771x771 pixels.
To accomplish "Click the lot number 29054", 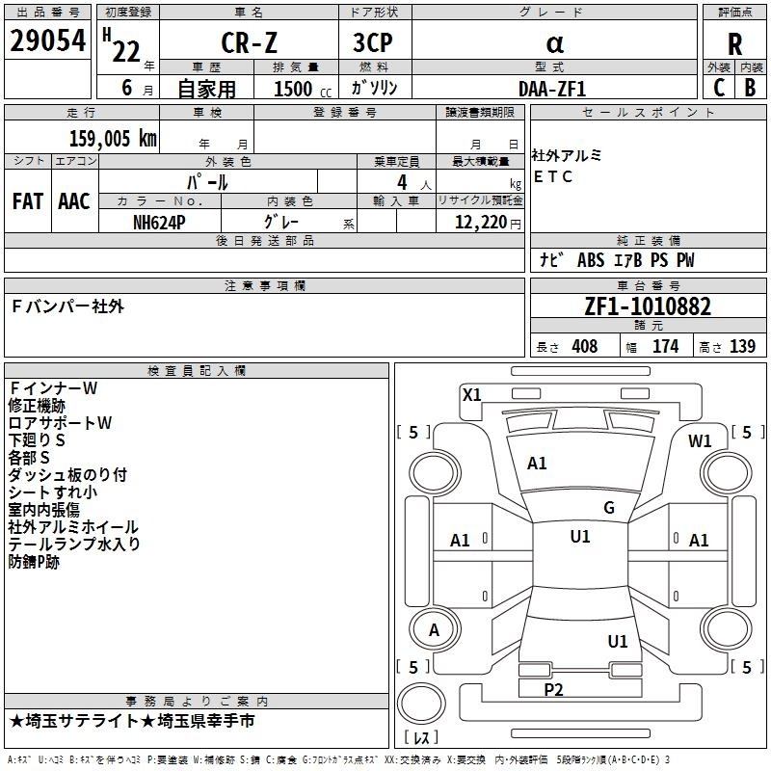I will click(x=47, y=42).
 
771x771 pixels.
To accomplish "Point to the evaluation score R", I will click(x=734, y=44).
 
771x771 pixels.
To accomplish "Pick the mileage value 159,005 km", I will click(x=113, y=138).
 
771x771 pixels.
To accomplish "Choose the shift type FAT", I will click(x=27, y=200).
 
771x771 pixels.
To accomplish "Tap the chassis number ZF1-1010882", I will click(x=648, y=306).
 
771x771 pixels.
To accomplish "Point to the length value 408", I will click(x=584, y=347).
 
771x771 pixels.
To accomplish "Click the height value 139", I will click(x=742, y=347).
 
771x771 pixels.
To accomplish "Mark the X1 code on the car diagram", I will click(x=472, y=394).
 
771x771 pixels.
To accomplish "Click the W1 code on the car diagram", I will click(x=700, y=441).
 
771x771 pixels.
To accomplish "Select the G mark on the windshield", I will click(x=609, y=508).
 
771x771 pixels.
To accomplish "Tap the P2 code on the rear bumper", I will click(x=553, y=689).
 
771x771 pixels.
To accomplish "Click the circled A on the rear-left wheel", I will click(x=434, y=630).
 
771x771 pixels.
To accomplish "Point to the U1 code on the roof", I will click(x=580, y=537).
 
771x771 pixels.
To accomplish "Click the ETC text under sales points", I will click(x=553, y=176).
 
